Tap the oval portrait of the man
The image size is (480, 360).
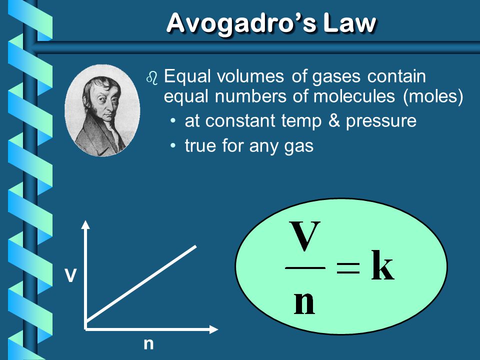102,110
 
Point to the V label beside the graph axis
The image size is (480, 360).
70,275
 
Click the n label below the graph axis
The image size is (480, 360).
148,344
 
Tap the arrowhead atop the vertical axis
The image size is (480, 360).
86,224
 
